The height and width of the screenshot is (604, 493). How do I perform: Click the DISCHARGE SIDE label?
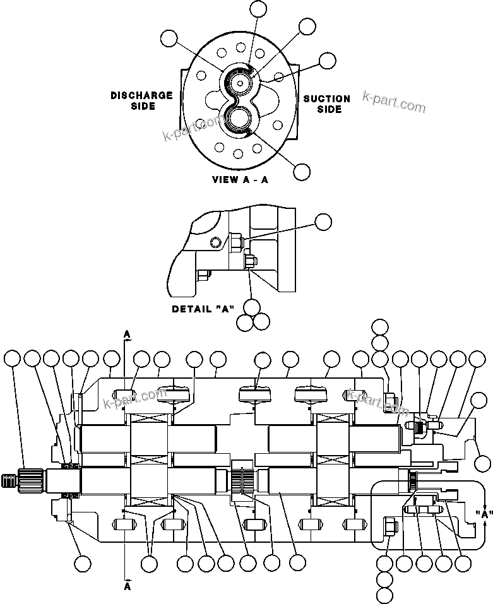(141, 101)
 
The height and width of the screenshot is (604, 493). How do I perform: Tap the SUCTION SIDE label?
(326, 104)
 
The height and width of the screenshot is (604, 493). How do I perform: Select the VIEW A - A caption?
(240, 179)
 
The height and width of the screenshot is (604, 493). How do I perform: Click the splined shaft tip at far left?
(9, 480)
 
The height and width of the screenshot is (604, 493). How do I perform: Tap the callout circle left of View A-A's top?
(169, 38)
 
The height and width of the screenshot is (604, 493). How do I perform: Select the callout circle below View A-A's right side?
(302, 171)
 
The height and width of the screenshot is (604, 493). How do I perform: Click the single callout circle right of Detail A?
(323, 221)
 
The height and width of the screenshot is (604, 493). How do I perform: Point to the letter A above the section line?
(127, 333)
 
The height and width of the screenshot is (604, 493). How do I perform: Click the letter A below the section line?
(127, 586)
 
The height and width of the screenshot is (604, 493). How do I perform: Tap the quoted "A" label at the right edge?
(484, 514)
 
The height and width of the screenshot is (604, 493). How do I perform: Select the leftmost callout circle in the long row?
(12, 359)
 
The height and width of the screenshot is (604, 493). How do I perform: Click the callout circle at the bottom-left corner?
(81, 563)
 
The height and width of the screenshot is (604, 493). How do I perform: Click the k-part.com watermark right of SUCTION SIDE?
(394, 102)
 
